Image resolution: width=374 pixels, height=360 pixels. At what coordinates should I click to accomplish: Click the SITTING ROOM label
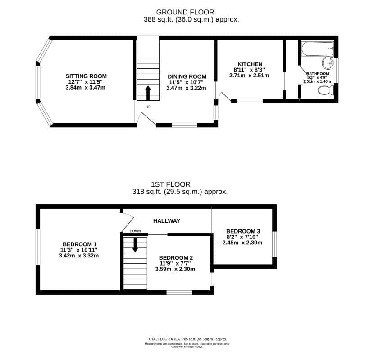point(86,76)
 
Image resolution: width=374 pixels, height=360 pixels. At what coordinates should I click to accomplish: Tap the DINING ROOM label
point(187,77)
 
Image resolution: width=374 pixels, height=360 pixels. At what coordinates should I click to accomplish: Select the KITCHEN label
point(250,64)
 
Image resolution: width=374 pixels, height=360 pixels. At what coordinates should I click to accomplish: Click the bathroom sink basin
point(327,63)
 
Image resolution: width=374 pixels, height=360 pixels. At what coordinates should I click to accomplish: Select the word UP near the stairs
point(148,107)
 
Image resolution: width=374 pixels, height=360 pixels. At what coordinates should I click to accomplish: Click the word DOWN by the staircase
point(135,231)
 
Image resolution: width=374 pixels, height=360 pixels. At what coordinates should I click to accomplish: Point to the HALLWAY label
point(166,221)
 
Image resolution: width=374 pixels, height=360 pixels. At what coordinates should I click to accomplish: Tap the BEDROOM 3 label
point(243,231)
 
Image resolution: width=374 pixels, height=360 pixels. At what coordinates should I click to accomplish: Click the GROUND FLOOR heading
point(185,12)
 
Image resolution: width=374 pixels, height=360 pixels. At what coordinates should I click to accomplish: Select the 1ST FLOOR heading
point(171,184)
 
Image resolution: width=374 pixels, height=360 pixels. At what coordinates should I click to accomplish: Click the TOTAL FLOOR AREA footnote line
point(187,339)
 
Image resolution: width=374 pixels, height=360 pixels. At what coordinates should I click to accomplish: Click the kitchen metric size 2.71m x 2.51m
point(249,76)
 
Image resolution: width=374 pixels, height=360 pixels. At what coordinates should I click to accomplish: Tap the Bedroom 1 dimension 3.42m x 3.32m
point(79,256)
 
